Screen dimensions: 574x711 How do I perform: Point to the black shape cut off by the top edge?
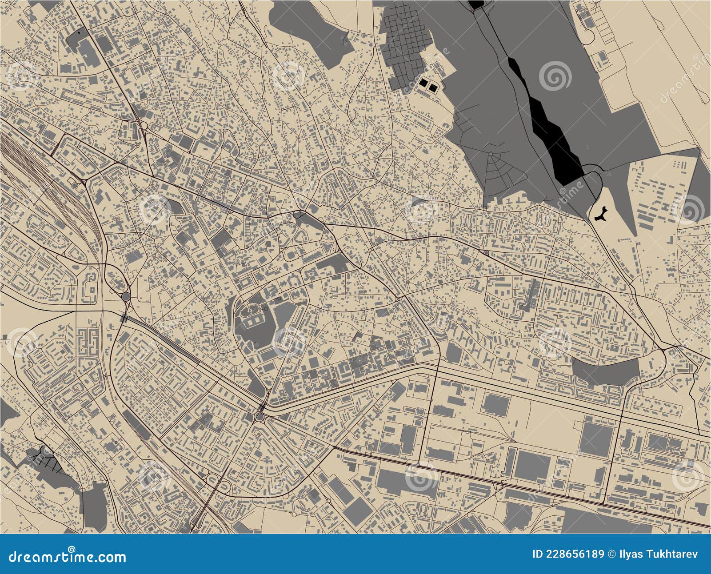(x=476, y=4)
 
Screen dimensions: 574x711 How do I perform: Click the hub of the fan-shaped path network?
(x=491, y=153)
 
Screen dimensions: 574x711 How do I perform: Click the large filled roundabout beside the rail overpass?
(x=125, y=296)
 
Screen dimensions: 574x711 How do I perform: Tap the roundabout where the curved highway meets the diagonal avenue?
(x=259, y=416)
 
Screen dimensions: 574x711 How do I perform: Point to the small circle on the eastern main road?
(x=486, y=253)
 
